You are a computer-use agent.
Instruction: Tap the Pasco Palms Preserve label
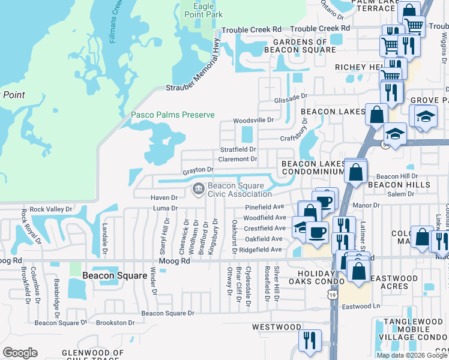pyautogui.click(x=173, y=115)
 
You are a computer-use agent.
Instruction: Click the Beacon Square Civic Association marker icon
pyautogui.click(x=197, y=190)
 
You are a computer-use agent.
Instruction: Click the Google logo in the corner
pyautogui.click(x=20, y=353)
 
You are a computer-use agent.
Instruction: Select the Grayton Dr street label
pyautogui.click(x=198, y=171)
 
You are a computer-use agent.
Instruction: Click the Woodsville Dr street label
pyautogui.click(x=253, y=120)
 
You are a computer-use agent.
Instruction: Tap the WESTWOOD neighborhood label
pyautogui.click(x=276, y=327)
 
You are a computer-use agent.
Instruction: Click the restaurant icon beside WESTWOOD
pyautogui.click(x=309, y=341)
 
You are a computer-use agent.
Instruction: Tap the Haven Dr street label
pyautogui.click(x=164, y=197)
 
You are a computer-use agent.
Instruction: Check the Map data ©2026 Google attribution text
pyautogui.click(x=412, y=355)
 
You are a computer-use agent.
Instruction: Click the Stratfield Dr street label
pyautogui.click(x=238, y=149)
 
